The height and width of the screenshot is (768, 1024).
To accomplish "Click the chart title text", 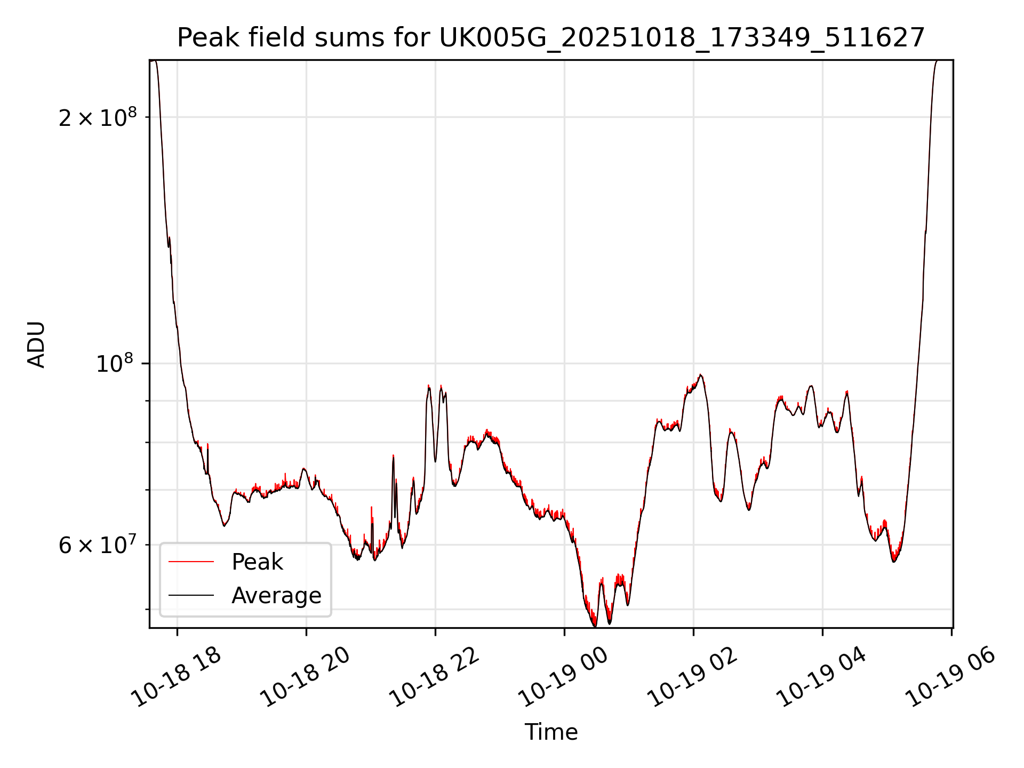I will pos(550,38).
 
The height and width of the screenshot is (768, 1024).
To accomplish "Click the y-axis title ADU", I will pos(36,345).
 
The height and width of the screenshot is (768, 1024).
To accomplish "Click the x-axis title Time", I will pos(551,732).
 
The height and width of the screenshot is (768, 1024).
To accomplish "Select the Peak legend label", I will pos(257,562).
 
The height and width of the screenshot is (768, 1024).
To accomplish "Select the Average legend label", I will pos(276,596).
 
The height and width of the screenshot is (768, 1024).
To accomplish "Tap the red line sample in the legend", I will pos(191,562).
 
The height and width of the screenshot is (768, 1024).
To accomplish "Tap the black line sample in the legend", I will pos(191,595).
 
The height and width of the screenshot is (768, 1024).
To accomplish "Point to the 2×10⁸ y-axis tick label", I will pos(98,117).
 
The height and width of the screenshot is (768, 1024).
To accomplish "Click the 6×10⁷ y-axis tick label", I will pos(98,545).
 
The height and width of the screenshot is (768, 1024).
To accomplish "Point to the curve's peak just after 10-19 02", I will pos(701,375).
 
